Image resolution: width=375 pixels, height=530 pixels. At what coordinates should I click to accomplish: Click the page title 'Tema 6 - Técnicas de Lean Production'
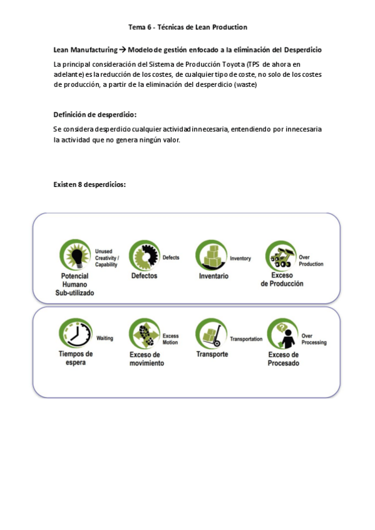pos(187,27)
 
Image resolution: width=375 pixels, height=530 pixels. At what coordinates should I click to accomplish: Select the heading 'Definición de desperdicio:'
pos(95,114)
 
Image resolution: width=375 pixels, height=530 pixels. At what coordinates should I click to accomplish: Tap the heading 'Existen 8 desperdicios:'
pos(90,184)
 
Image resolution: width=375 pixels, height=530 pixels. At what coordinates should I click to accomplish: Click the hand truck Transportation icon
pos(211,333)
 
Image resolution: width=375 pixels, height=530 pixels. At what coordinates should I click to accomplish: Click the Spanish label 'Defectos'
pos(145,276)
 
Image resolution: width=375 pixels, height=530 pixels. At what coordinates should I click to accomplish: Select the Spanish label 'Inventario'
pos(213,276)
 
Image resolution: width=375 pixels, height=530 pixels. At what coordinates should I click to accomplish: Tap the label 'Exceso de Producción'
pos(282,279)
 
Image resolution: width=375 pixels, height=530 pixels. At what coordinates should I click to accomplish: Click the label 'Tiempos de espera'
pos(75,357)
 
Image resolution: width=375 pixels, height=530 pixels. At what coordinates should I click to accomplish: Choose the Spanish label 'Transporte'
pos(212,354)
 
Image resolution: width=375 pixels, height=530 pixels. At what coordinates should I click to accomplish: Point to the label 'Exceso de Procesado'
pos(284,359)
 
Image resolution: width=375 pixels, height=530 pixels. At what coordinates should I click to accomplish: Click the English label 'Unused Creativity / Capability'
pos(107,258)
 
